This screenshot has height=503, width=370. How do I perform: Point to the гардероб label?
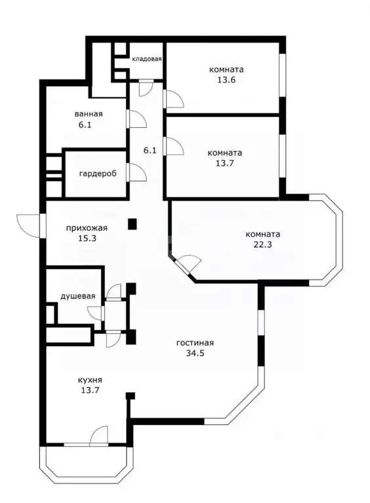coord(97,174)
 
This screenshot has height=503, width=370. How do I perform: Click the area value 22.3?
coord(262,245)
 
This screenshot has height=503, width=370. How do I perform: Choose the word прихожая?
coord(87,228)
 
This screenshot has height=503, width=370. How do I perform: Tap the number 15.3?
coord(87,239)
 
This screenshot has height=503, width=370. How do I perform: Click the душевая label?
coord(78,296)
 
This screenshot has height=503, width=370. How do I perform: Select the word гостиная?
coord(195,342)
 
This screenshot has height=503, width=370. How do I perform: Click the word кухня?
coord(89,380)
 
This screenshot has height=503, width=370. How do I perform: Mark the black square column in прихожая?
coord(133,224)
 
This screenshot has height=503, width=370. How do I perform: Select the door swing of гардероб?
coord(137,172)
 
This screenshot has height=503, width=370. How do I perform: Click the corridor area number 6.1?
coord(150,150)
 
